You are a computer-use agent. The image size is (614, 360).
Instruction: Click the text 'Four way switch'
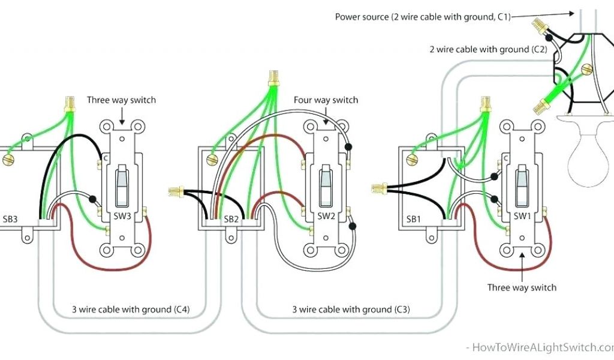coord(326,100)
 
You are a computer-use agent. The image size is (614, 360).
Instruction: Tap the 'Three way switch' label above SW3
coord(121,100)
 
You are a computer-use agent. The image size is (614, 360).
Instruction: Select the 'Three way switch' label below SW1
coord(522,287)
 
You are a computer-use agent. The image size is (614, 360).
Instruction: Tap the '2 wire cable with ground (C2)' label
coord(487,49)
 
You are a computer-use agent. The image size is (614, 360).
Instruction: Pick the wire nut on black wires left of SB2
coord(176,192)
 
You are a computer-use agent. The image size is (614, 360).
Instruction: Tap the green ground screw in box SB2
coord(211,160)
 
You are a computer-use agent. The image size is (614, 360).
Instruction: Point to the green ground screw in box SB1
coord(411,160)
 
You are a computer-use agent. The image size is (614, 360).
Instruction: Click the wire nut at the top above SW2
coord(274,78)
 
